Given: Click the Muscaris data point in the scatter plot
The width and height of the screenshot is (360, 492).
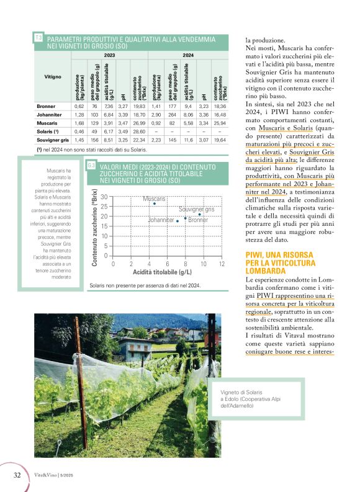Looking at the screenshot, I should [x=154, y=204].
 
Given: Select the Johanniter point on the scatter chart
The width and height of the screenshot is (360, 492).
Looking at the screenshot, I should [x=177, y=221].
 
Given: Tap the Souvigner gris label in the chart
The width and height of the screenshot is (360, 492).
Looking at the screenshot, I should [x=196, y=210].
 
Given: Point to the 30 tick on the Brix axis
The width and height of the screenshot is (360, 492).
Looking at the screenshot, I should [x=104, y=197].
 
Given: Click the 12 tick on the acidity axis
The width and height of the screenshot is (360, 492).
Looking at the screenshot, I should [x=222, y=264].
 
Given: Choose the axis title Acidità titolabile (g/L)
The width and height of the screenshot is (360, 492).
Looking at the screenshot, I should [x=162, y=272].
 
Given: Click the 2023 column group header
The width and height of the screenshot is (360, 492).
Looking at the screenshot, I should [x=109, y=55].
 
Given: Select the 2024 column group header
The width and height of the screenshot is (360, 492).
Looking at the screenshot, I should [x=189, y=55].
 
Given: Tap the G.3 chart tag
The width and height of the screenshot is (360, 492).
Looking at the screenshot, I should [x=91, y=166].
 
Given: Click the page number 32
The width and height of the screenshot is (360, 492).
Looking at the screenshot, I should [x=18, y=475].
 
